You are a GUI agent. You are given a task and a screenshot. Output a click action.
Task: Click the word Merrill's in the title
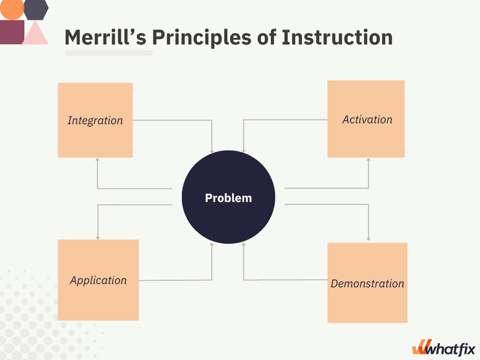point(105,37)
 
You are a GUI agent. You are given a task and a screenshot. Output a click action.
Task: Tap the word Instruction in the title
point(337,37)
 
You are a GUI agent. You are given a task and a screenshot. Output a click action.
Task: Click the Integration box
point(95,120)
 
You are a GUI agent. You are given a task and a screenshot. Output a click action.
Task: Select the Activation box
point(366,119)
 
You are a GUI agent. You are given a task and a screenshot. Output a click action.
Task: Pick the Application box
point(98,280)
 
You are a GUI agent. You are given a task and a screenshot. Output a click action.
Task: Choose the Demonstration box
point(367,283)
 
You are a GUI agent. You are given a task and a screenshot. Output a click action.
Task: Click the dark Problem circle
point(228,197)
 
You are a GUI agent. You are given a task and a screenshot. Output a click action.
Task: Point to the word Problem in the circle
point(228,198)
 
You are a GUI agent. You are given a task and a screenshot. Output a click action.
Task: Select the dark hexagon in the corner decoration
point(36,9)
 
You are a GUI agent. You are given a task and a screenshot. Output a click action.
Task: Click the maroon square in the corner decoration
point(12,32)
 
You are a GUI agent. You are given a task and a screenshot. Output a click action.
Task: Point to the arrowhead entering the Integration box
point(97,160)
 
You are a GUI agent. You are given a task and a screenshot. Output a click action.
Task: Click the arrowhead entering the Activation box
point(368,160)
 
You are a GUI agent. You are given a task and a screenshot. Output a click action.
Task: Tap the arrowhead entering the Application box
point(98,238)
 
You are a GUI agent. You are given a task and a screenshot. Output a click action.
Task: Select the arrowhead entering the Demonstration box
point(368,239)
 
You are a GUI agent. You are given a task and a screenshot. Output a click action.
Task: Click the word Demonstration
point(367,284)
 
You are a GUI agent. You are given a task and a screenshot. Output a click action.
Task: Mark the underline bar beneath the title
point(109,53)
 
